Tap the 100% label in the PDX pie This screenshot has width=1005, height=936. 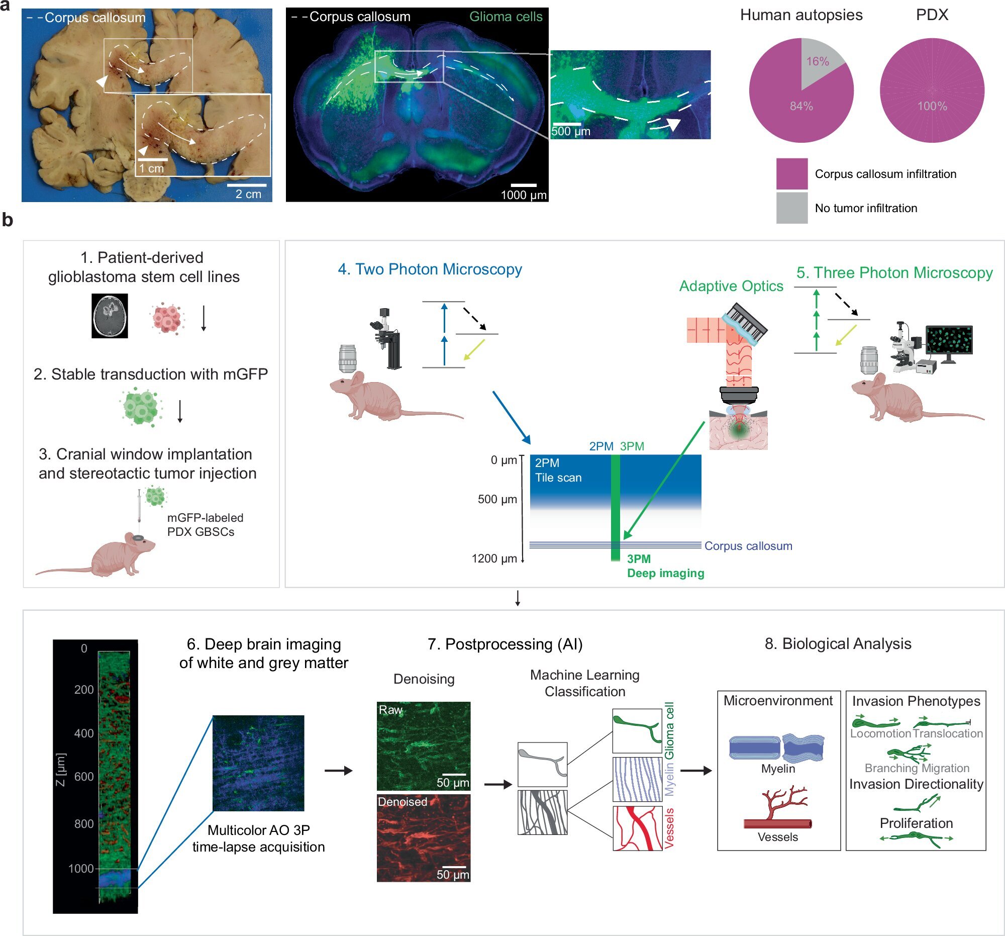click(932, 106)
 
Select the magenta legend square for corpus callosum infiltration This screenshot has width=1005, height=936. click(791, 173)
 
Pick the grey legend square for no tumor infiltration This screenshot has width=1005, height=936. click(791, 208)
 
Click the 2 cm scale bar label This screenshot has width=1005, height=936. click(248, 194)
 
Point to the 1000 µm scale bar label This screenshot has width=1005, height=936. click(524, 195)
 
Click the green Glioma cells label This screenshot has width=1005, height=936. click(506, 17)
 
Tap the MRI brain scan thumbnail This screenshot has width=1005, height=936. click(110, 316)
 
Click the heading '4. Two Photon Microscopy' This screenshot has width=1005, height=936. click(430, 269)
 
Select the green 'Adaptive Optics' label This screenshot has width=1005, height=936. click(731, 286)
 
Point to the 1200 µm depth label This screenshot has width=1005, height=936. click(494, 558)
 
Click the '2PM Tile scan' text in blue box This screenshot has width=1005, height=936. click(558, 470)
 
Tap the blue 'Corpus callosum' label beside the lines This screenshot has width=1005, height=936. click(748, 545)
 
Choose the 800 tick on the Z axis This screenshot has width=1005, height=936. click(84, 823)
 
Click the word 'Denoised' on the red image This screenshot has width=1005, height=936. click(403, 801)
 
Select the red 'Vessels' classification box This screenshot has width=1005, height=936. click(638, 828)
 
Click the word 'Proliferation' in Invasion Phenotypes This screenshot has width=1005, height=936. click(916, 823)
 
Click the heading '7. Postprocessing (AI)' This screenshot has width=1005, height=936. click(505, 644)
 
